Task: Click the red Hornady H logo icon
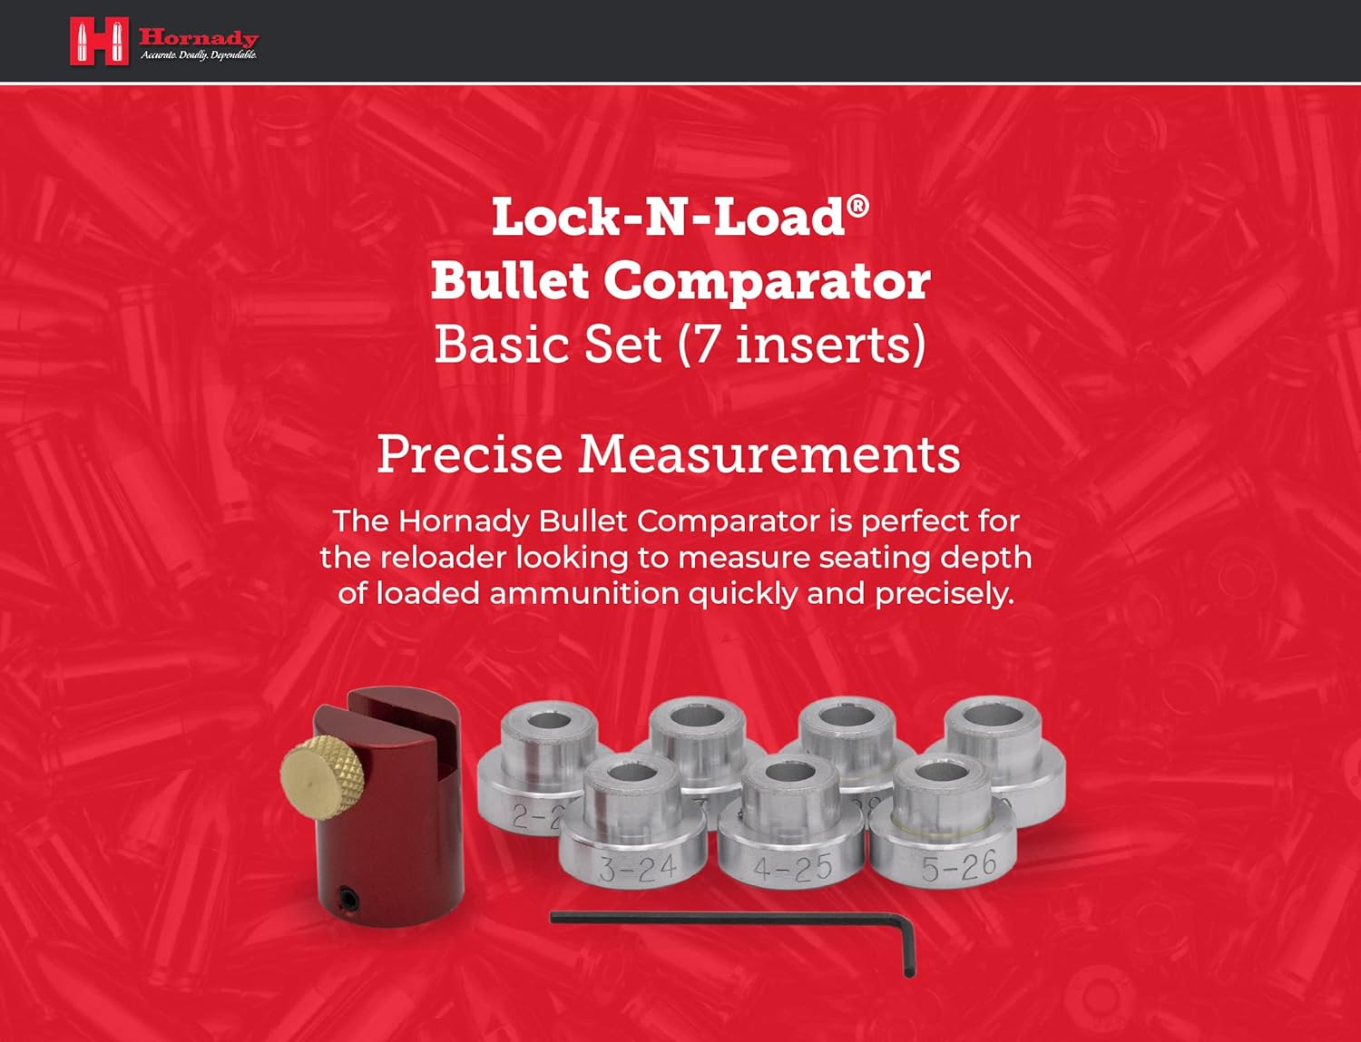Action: click(x=99, y=42)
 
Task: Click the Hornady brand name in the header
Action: click(x=199, y=37)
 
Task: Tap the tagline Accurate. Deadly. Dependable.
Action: click(x=199, y=56)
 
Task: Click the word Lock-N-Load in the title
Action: click(x=668, y=218)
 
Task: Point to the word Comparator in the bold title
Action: click(x=767, y=281)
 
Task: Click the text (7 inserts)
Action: click(x=802, y=345)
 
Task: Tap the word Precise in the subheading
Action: click(x=469, y=453)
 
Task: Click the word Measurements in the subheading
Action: click(x=769, y=453)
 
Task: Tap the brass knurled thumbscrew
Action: click(x=321, y=774)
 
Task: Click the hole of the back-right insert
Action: click(x=991, y=717)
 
